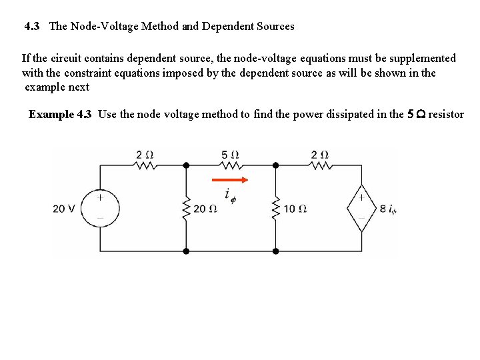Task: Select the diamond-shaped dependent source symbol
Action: (362, 208)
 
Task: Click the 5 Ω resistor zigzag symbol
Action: (231, 165)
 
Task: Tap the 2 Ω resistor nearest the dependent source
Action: (320, 165)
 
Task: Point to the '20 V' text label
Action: (65, 209)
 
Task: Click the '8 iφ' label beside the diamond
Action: (388, 209)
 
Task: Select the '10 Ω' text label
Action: (295, 209)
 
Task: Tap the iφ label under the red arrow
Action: (230, 195)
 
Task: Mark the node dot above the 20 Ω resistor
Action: (186, 165)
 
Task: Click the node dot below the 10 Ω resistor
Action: (276, 251)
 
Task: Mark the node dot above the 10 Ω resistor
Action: (276, 165)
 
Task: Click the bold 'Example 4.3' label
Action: (60, 114)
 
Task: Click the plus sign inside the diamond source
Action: (362, 197)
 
